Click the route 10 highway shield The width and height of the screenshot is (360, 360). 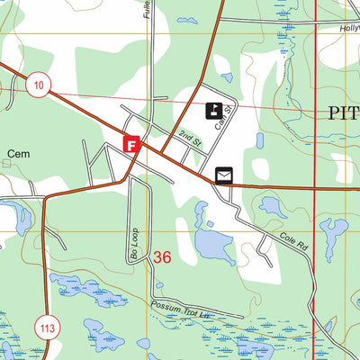click(x=38, y=85)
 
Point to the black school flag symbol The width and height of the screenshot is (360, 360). click(x=216, y=111)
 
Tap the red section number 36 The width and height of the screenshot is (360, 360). click(x=162, y=257)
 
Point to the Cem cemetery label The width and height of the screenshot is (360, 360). click(x=18, y=155)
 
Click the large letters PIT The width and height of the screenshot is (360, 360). click(x=337, y=112)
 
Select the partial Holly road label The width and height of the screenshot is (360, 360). click(x=348, y=28)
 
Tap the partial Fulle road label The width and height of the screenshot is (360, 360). click(x=145, y=10)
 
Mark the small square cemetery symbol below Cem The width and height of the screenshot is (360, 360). click(x=7, y=165)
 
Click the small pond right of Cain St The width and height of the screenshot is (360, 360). click(x=259, y=140)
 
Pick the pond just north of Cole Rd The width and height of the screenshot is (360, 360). click(x=272, y=207)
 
